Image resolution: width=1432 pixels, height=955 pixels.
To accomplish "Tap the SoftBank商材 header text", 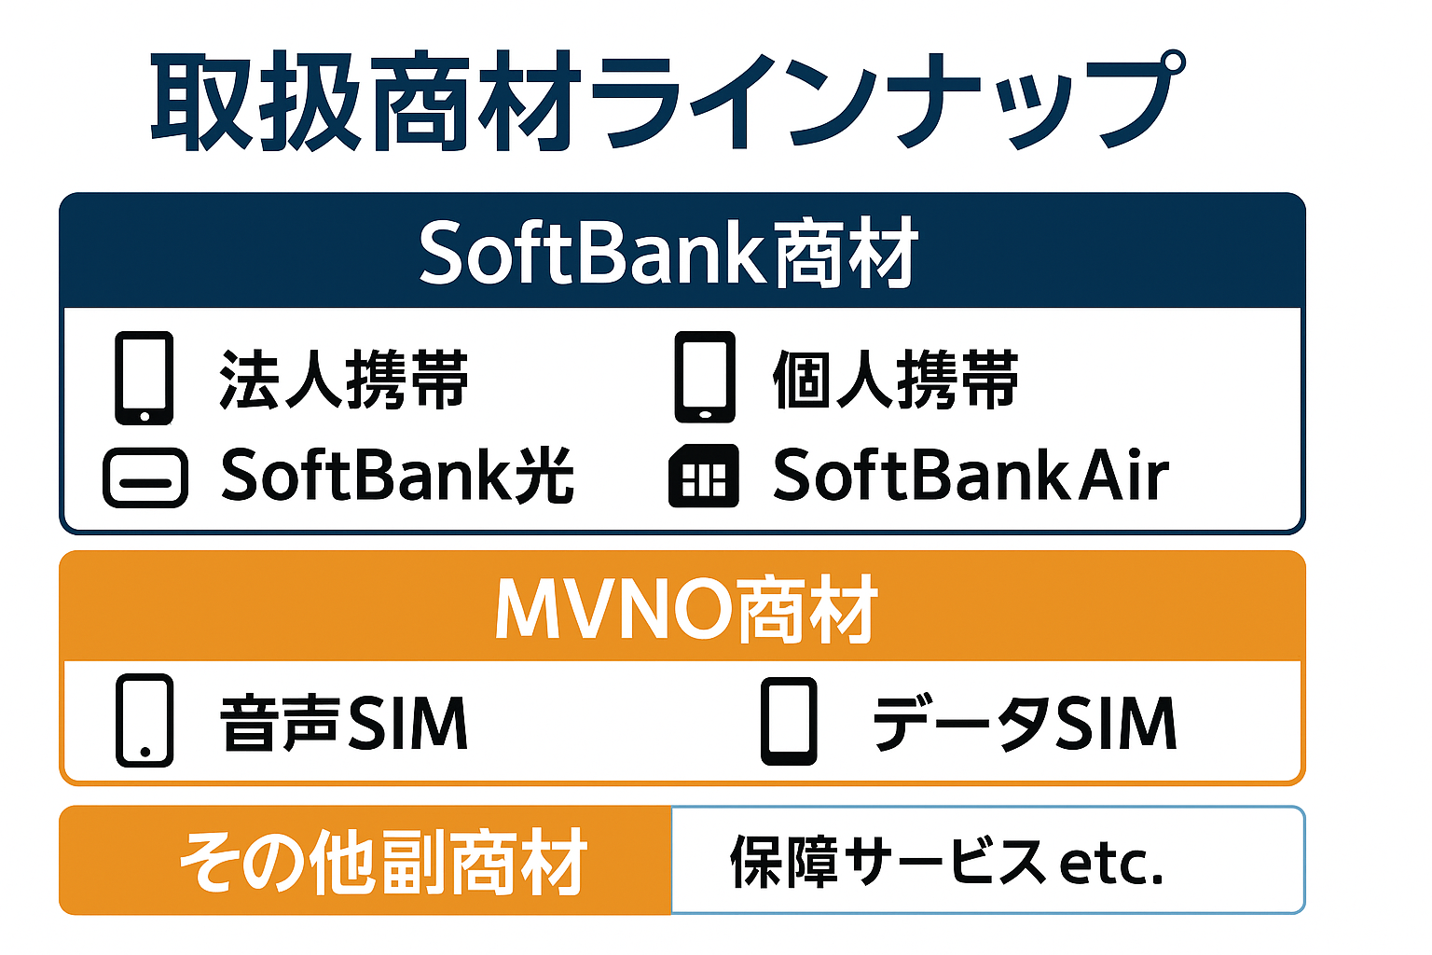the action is (x=668, y=253).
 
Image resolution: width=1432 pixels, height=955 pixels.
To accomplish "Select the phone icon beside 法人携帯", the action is (x=145, y=378).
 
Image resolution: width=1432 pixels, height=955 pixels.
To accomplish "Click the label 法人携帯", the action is (x=344, y=380).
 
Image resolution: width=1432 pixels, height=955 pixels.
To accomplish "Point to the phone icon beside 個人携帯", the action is (x=705, y=377).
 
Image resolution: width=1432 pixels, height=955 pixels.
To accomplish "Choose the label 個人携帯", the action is (x=896, y=380).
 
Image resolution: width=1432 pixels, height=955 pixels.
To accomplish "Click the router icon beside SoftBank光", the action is (x=145, y=477).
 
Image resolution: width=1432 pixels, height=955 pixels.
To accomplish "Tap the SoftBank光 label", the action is (x=397, y=475).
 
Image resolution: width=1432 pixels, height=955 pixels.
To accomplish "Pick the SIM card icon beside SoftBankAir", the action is (x=703, y=476).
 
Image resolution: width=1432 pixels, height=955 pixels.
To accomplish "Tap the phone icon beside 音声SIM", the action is (x=145, y=720).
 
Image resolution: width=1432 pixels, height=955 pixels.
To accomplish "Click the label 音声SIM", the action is (x=344, y=723).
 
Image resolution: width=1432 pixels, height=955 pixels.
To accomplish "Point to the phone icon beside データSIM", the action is (x=789, y=721).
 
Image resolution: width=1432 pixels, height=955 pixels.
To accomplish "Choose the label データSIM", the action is (x=1025, y=723).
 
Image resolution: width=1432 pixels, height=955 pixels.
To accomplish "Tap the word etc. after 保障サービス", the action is (x=1111, y=865).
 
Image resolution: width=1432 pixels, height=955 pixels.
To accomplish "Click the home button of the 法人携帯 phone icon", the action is (x=145, y=416).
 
